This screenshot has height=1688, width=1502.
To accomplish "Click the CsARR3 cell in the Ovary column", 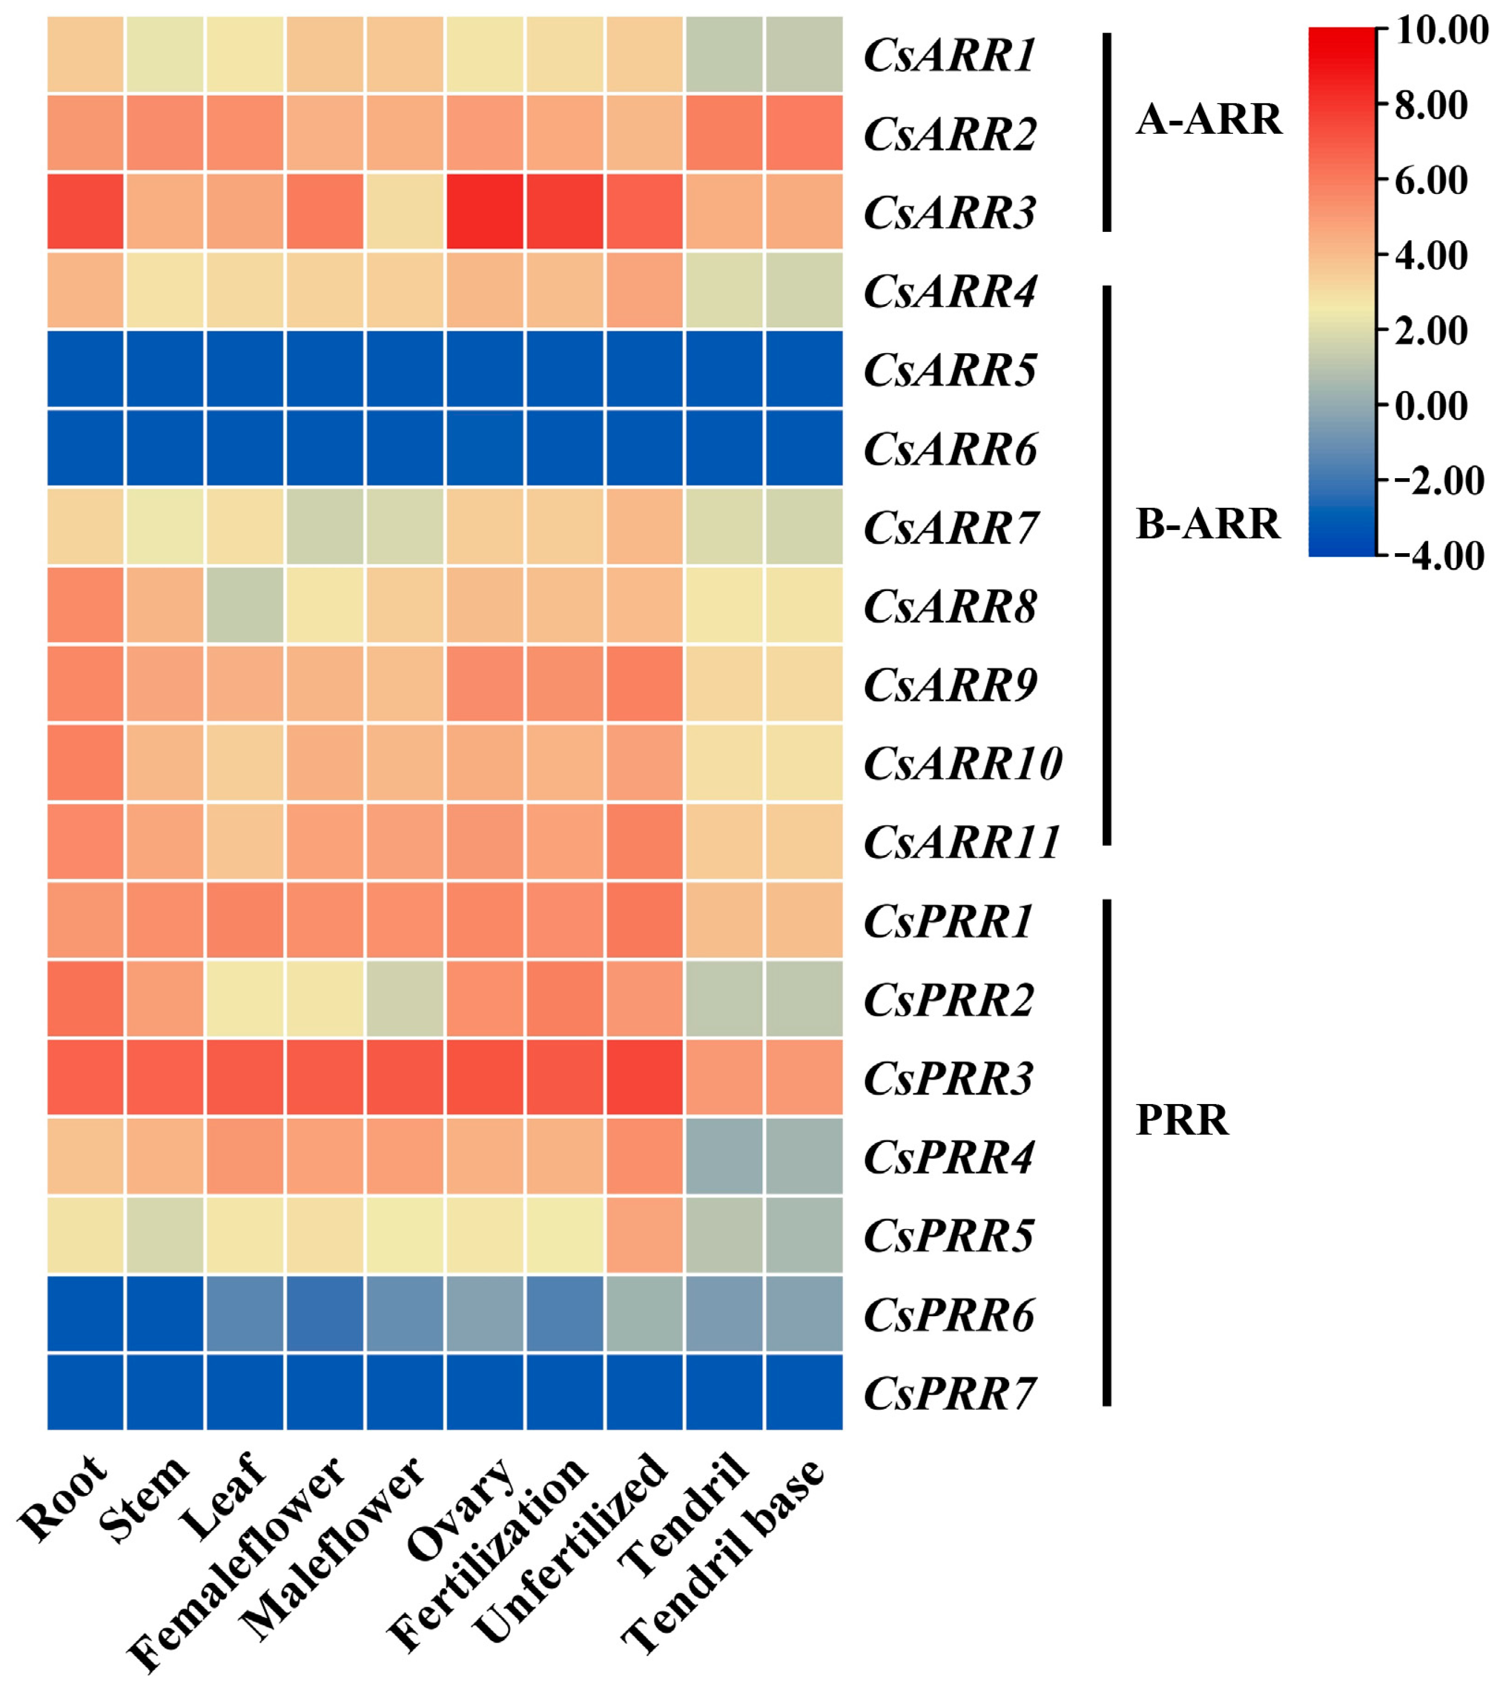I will [485, 212].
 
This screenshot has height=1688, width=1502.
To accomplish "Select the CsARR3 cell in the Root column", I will [86, 212].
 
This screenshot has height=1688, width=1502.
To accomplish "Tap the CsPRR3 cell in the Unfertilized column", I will [644, 1077].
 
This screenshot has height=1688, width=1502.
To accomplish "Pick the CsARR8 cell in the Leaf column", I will [245, 605].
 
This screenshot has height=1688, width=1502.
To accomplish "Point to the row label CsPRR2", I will [949, 999].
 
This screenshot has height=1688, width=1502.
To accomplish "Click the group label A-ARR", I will [1209, 120].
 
